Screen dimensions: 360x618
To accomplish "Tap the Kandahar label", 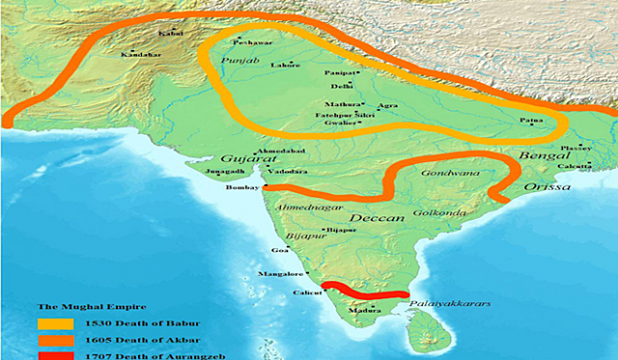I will tap(138, 55).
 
